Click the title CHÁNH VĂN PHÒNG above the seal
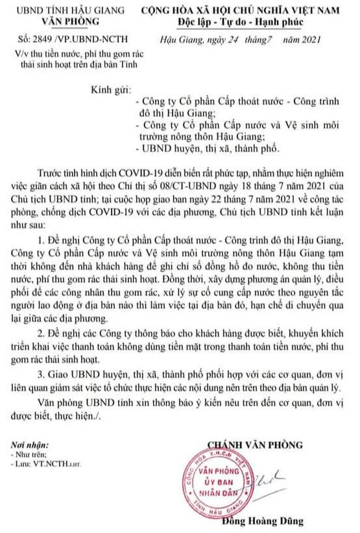point(254,444)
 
